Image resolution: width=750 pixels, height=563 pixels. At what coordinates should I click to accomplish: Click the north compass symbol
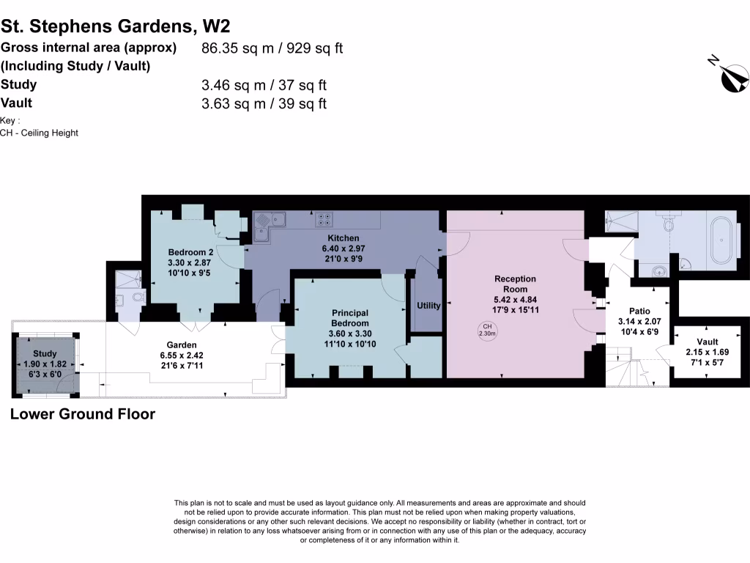735,78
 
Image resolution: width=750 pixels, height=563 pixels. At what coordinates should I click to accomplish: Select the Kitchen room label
343,238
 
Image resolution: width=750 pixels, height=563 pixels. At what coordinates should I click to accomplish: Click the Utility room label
428,306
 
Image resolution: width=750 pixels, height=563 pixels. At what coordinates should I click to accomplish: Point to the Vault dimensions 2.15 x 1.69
708,353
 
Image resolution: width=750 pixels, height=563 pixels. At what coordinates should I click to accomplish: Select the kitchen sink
267,219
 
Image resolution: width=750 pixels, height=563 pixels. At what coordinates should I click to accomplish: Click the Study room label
45,354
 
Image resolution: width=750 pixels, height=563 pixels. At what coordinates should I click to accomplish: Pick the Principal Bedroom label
349,318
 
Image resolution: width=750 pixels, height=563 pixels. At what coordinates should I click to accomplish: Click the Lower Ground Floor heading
83,414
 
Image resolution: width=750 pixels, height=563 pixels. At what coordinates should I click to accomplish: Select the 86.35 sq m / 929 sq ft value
272,48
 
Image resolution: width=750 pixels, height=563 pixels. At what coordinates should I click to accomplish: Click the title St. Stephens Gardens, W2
116,26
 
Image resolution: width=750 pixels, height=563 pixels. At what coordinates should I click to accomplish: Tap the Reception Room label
515,284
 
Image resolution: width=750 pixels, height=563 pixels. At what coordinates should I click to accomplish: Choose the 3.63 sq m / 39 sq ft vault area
264,103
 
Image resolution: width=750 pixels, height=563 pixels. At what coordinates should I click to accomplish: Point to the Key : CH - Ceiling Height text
39,127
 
